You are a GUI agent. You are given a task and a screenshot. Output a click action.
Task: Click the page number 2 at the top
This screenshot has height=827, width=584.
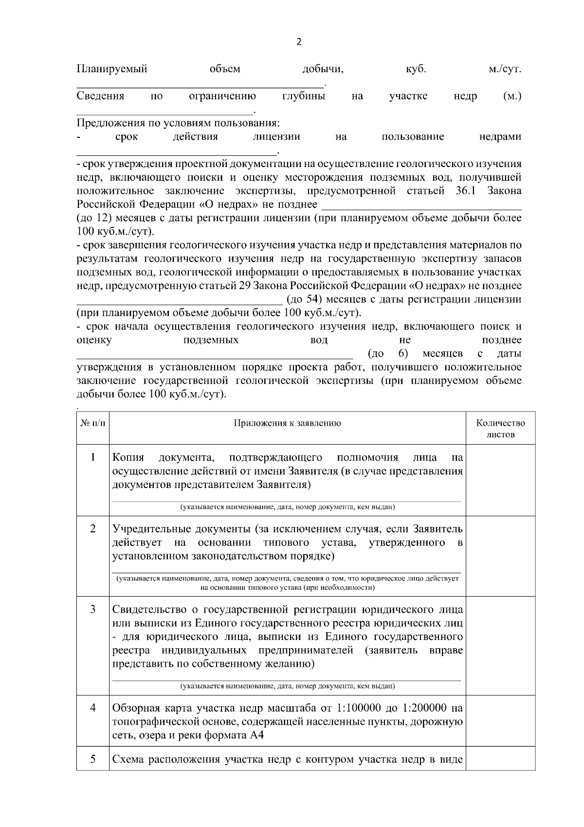(299, 42)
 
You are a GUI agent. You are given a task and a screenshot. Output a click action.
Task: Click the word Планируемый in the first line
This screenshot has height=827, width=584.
(112, 69)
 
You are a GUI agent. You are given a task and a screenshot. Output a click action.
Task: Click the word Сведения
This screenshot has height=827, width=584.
(100, 96)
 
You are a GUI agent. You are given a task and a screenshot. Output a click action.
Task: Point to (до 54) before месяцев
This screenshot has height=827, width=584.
(304, 299)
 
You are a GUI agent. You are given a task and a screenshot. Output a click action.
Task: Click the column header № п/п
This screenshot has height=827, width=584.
(92, 423)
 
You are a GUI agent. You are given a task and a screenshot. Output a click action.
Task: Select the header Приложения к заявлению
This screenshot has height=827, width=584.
(287, 423)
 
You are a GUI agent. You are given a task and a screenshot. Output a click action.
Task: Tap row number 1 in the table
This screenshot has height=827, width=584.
(92, 458)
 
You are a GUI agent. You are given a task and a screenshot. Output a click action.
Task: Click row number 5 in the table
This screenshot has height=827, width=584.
(92, 759)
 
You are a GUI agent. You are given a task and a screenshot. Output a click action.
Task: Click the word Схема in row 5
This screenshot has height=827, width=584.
(128, 759)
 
